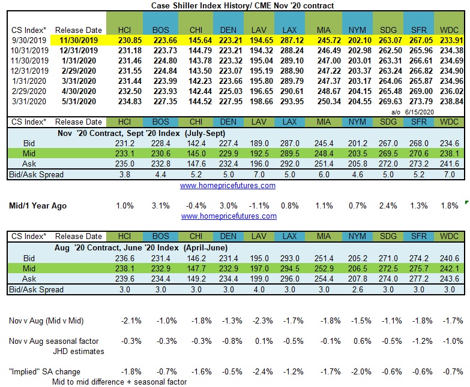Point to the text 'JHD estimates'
[x=82, y=351]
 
